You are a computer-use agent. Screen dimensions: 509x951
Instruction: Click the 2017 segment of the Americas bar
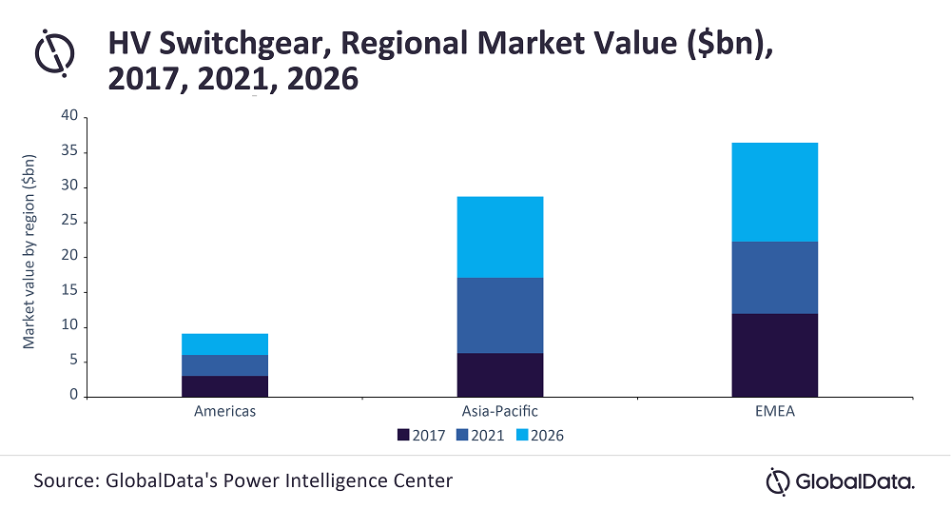click(224, 386)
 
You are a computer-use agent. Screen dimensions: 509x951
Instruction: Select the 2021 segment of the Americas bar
click(224, 365)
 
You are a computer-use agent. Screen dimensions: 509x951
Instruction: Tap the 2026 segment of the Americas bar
click(224, 344)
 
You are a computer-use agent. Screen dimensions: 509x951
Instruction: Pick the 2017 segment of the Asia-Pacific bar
click(499, 375)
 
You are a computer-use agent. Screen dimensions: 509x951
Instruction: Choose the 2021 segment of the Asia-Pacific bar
click(499, 316)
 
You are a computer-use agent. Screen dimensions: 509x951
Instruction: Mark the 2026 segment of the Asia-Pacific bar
click(499, 237)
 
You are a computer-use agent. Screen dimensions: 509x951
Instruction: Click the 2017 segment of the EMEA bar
click(775, 355)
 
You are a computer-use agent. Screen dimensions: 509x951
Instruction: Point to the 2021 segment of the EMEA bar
click(775, 278)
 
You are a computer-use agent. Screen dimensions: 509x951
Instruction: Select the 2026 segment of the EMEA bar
click(775, 192)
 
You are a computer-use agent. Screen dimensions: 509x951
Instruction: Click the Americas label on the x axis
click(224, 412)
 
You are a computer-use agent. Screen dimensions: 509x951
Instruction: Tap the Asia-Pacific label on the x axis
click(499, 412)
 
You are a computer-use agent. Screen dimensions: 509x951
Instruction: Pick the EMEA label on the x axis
click(775, 412)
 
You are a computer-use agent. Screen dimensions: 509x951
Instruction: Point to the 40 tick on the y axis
click(68, 117)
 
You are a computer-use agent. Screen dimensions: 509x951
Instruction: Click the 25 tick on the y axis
click(68, 222)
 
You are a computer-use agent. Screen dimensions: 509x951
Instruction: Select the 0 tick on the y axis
click(72, 396)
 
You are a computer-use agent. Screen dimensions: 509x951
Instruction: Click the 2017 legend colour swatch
click(403, 436)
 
